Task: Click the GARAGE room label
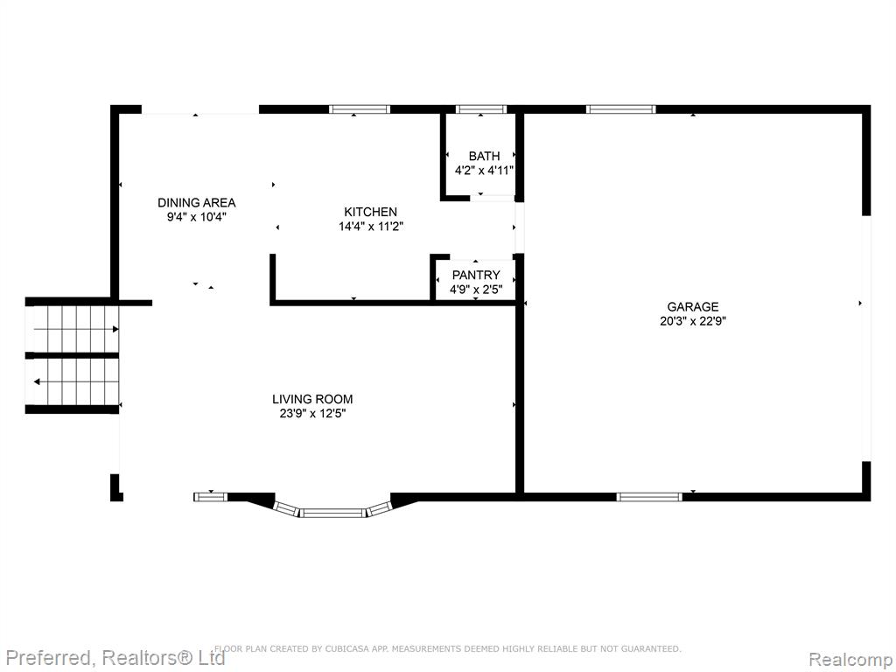[x=693, y=307]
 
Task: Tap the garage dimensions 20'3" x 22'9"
[x=693, y=321]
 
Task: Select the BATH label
[x=484, y=156]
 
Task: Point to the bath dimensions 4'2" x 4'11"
[x=484, y=171]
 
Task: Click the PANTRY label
[x=476, y=275]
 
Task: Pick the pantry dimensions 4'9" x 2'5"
[x=476, y=290]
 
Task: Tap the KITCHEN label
[x=370, y=212]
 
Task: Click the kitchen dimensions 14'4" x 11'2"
[x=371, y=227]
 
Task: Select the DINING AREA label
[x=197, y=202]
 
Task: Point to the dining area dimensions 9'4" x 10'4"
[x=197, y=217]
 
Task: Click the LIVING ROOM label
[x=312, y=399]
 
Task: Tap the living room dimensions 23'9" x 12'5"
[x=312, y=414]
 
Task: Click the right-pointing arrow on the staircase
[x=76, y=329]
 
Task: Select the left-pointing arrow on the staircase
[x=76, y=381]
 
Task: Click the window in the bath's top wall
[x=481, y=109]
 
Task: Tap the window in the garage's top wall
[x=620, y=109]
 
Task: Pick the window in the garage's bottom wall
[x=649, y=497]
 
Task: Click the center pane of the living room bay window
[x=332, y=513]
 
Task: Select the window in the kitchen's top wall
[x=360, y=109]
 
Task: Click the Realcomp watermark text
[x=850, y=660]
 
